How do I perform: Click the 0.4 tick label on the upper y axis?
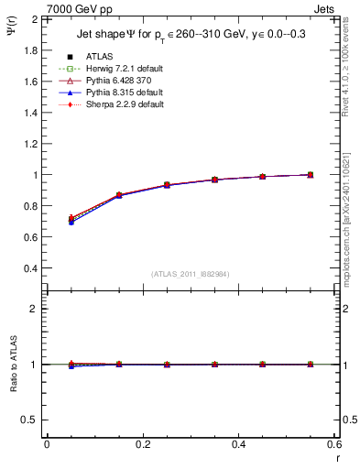tap(28, 268)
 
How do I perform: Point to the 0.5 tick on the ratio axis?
tap(30, 420)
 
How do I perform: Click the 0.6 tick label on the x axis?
tap(334, 443)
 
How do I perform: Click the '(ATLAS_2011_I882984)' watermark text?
tap(190, 274)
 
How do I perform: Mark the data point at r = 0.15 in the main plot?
tap(119, 195)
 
